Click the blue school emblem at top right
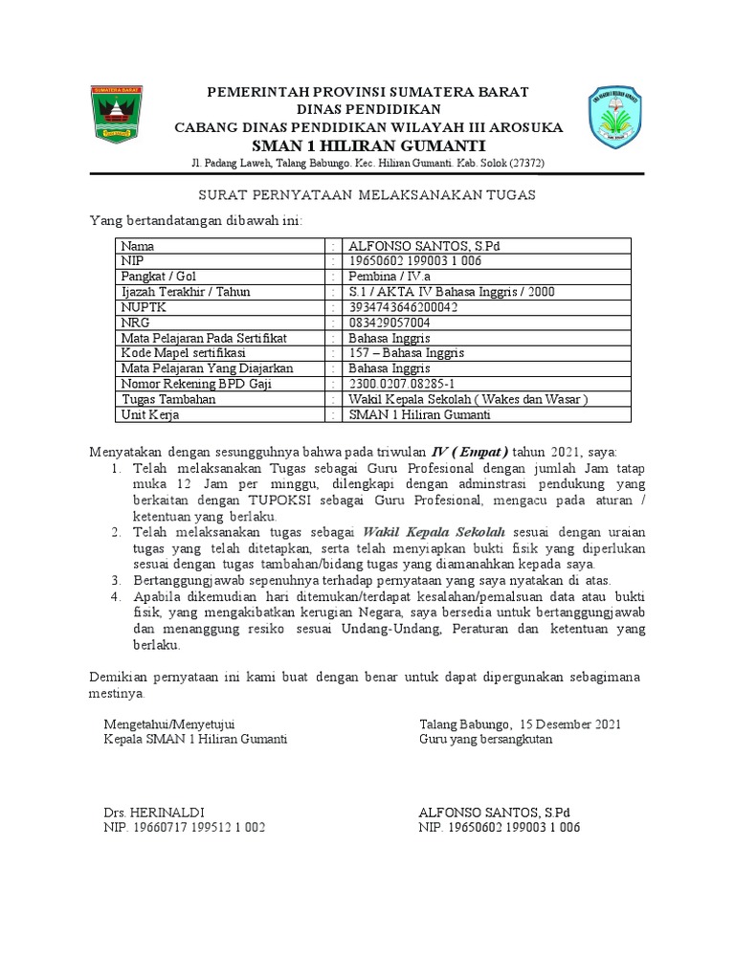coord(613,118)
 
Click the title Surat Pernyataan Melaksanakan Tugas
coord(367,195)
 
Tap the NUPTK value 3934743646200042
coord(403,307)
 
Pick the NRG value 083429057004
coord(390,323)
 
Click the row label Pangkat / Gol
coord(157,277)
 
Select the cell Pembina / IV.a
coord(390,277)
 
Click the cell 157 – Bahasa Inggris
coord(406,353)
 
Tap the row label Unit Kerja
coord(149,414)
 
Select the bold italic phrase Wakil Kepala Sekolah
coord(434,531)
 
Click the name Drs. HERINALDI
coord(153,812)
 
